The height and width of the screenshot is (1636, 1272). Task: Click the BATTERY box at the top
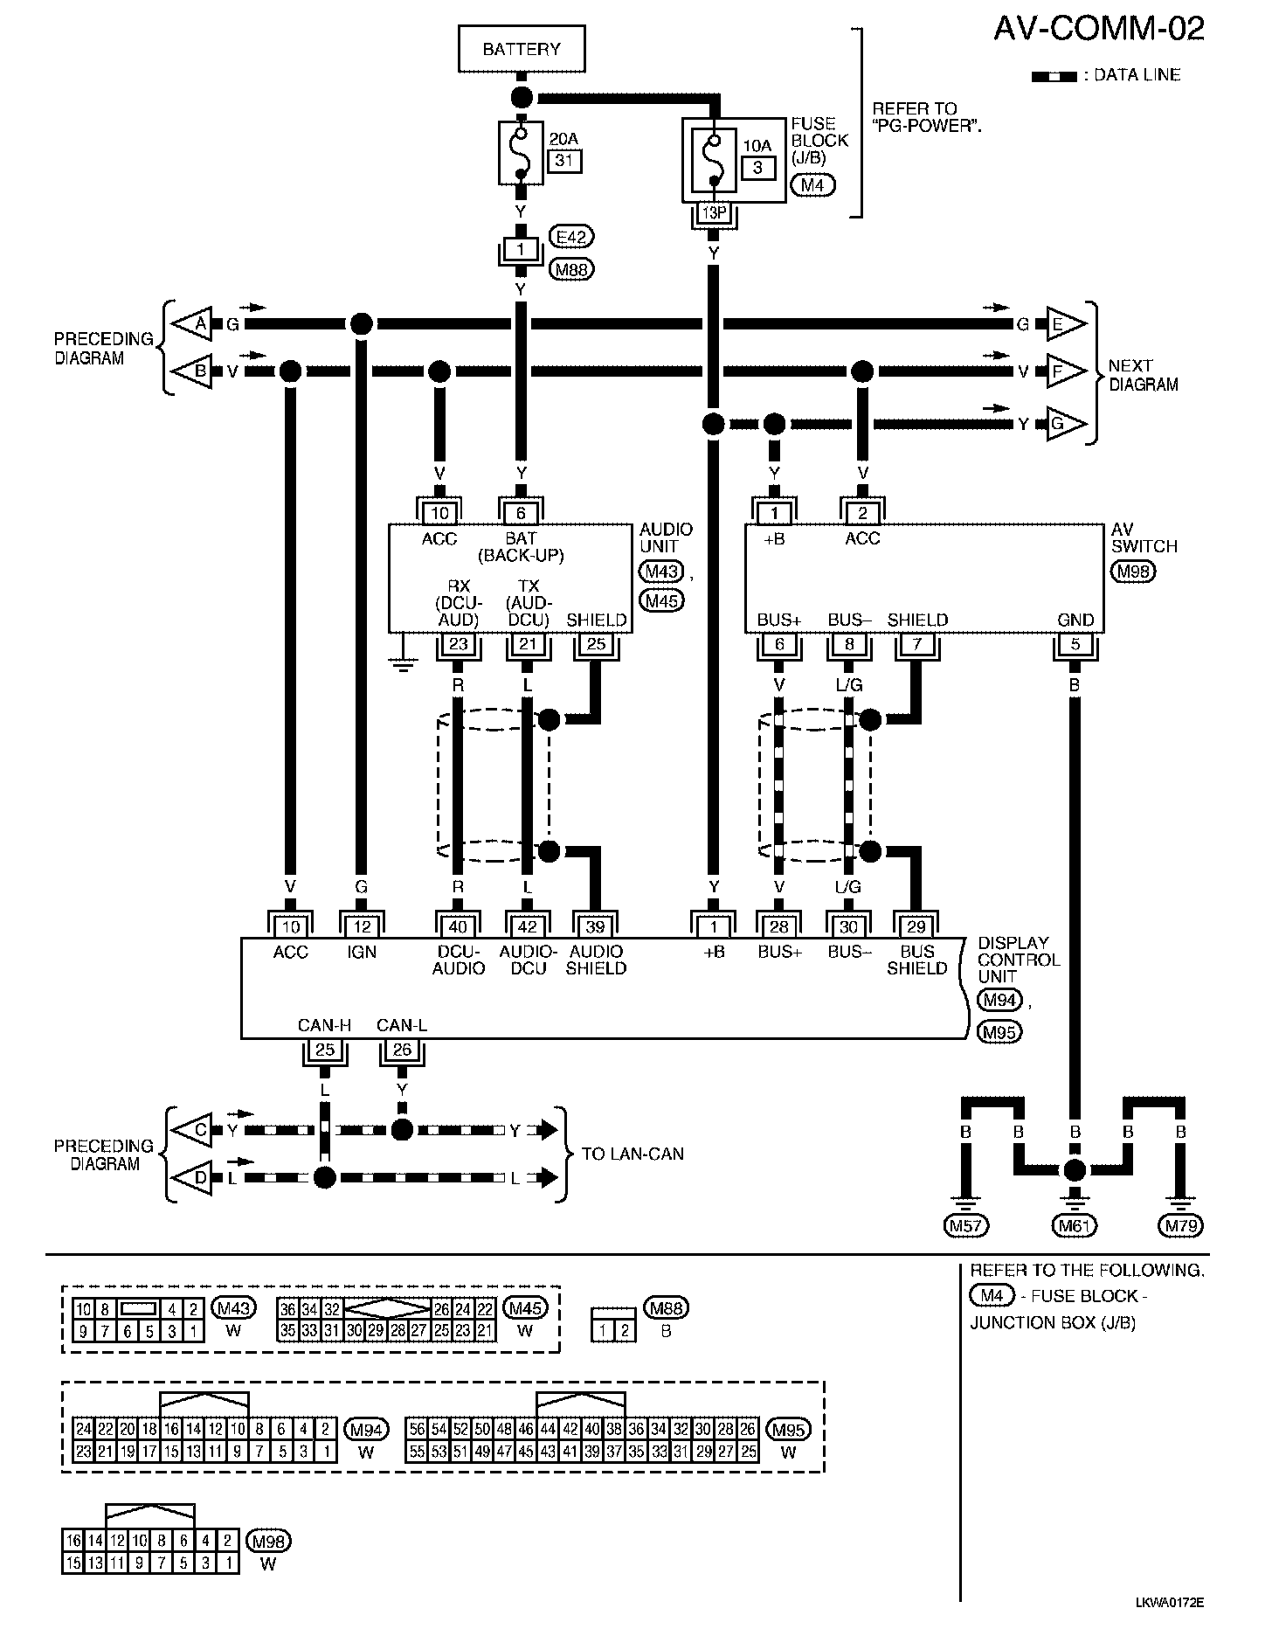(522, 49)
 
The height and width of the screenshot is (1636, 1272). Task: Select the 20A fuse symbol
(521, 153)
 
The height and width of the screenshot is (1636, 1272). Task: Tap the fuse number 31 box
(564, 161)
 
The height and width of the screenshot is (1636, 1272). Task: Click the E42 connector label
(571, 236)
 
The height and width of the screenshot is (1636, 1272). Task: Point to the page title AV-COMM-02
(1098, 30)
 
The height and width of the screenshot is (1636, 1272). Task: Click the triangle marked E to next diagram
(1065, 324)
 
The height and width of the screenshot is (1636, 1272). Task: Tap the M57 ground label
(965, 1225)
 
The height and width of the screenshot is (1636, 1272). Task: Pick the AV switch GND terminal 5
(1075, 645)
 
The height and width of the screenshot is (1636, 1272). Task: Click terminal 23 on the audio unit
(458, 645)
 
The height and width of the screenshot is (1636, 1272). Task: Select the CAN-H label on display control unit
(324, 1025)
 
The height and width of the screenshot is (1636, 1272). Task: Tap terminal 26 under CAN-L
(402, 1049)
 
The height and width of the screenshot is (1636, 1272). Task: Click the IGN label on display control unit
(362, 952)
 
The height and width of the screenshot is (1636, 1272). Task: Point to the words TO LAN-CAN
(633, 1154)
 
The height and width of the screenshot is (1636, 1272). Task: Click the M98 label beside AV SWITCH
(1132, 572)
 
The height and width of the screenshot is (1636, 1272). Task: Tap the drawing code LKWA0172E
(1170, 1602)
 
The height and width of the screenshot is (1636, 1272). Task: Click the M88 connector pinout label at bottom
(666, 1307)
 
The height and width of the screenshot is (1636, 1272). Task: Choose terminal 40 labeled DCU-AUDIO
(458, 927)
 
